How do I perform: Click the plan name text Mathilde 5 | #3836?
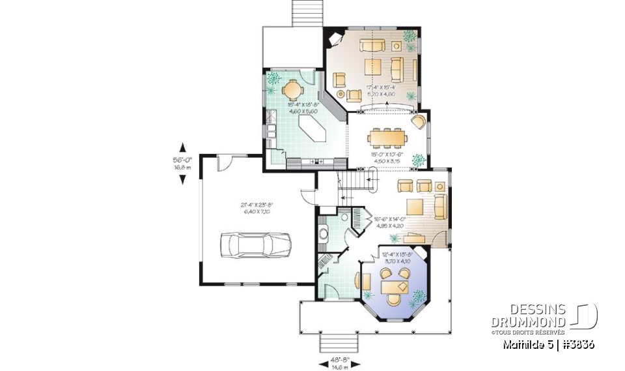548,344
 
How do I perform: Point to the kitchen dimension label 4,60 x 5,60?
301,111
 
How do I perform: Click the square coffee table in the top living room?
373,67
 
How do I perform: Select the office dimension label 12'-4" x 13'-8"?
395,258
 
